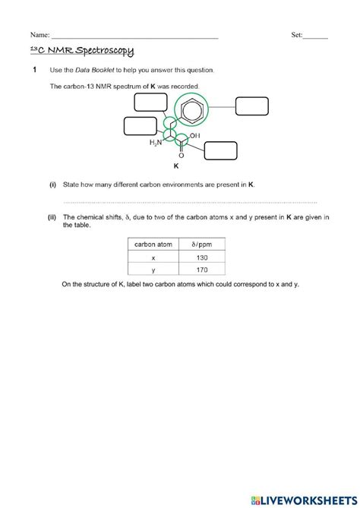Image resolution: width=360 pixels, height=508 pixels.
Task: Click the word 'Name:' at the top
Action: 39,35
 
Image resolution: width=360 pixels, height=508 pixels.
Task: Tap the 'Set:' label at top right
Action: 297,35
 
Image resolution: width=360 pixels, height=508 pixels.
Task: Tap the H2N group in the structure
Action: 156,143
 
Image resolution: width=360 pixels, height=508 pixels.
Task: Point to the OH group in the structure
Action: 195,136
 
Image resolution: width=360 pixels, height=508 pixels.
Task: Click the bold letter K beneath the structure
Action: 176,165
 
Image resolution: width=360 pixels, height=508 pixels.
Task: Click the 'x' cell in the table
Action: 152,257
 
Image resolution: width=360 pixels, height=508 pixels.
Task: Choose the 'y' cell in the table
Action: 152,270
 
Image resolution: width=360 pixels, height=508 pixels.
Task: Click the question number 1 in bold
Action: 34,71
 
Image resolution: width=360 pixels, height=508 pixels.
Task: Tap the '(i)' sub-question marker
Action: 53,185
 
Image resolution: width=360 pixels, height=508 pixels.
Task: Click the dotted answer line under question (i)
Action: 190,202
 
